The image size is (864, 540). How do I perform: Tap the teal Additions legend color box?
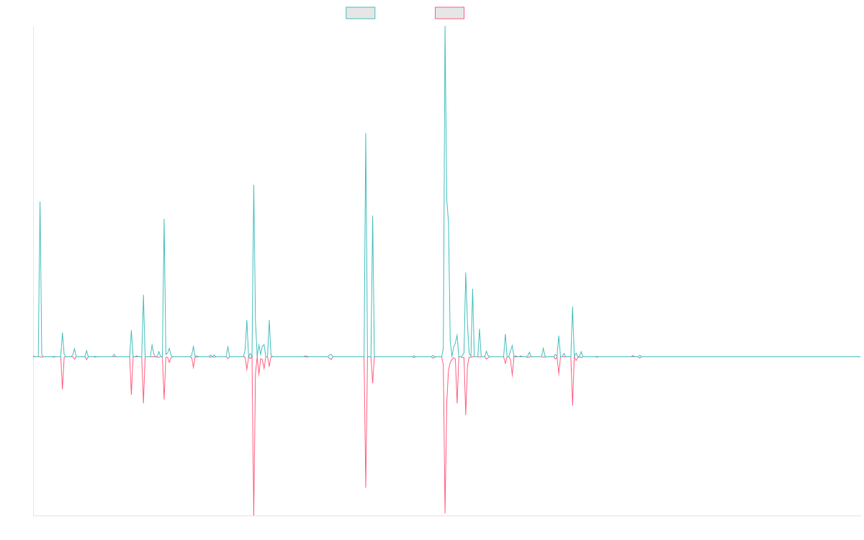(x=361, y=13)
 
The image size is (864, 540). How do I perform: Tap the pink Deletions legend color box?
(x=450, y=13)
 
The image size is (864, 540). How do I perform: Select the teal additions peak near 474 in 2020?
(x=366, y=134)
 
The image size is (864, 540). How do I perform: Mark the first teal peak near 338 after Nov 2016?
(x=40, y=202)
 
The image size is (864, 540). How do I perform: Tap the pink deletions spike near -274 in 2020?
(x=366, y=487)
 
